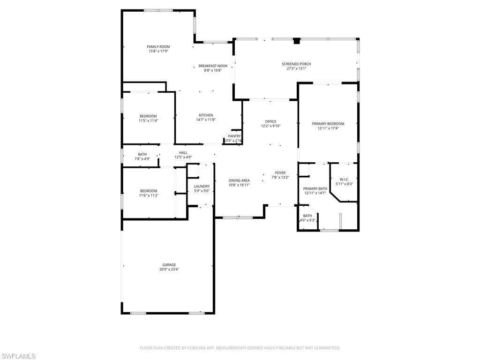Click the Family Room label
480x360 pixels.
tap(158, 46)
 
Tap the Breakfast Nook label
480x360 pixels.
tap(213, 66)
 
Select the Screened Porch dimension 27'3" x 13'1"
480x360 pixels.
tap(296, 68)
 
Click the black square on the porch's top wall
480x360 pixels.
tap(296, 41)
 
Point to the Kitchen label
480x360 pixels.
tap(206, 115)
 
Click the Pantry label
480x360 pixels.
tap(234, 136)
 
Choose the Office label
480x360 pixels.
tap(270, 121)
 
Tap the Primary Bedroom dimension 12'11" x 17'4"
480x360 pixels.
tap(328, 128)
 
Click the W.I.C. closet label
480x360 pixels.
tap(344, 179)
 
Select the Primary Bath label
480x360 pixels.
tap(315, 188)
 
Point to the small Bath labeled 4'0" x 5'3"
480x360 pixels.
tap(307, 216)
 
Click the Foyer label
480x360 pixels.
tap(280, 173)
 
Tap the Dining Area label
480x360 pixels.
tap(239, 180)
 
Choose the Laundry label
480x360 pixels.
tap(202, 187)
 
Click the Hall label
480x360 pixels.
tap(183, 152)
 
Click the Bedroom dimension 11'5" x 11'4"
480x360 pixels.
tap(148, 120)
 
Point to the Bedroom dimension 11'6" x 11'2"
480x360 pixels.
tap(149, 195)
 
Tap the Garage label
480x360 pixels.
tap(169, 265)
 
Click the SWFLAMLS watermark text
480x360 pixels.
tap(18, 356)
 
